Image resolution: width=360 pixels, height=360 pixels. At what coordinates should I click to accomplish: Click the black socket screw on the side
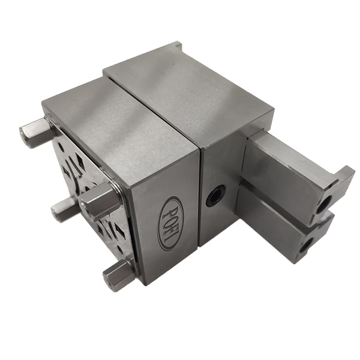(x=215, y=196)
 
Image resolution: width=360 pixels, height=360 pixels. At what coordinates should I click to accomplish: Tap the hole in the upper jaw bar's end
(x=325, y=204)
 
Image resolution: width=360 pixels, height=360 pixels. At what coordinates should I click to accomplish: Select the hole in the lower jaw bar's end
(x=307, y=245)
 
